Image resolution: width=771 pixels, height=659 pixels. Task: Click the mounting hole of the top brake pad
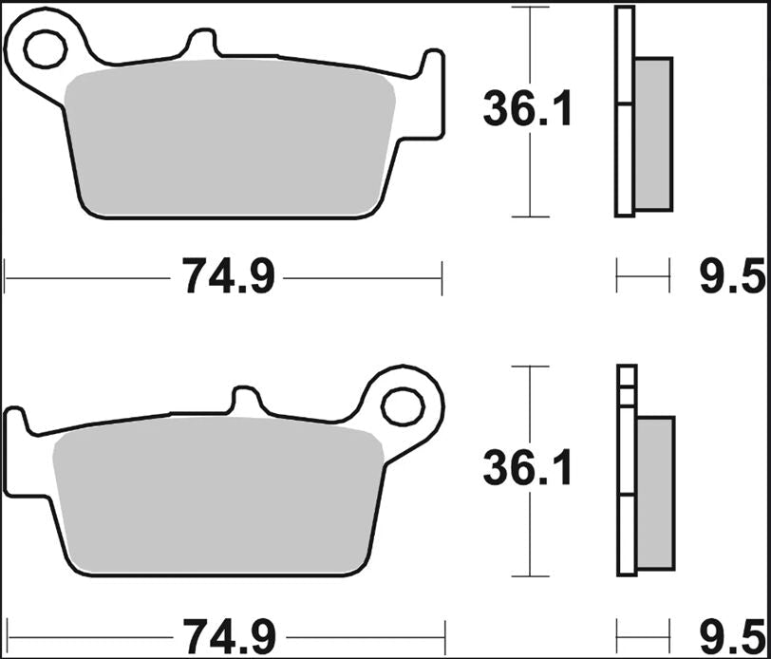[44, 49]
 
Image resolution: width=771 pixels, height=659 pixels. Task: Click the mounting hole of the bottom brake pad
[404, 406]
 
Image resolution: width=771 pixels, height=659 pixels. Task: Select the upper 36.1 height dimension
[528, 110]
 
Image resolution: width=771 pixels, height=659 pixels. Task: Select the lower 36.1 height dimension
[528, 469]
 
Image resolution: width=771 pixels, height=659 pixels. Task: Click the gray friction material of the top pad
[228, 142]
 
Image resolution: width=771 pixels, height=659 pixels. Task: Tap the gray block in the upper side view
[653, 133]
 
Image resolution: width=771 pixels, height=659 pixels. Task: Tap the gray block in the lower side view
[654, 494]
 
